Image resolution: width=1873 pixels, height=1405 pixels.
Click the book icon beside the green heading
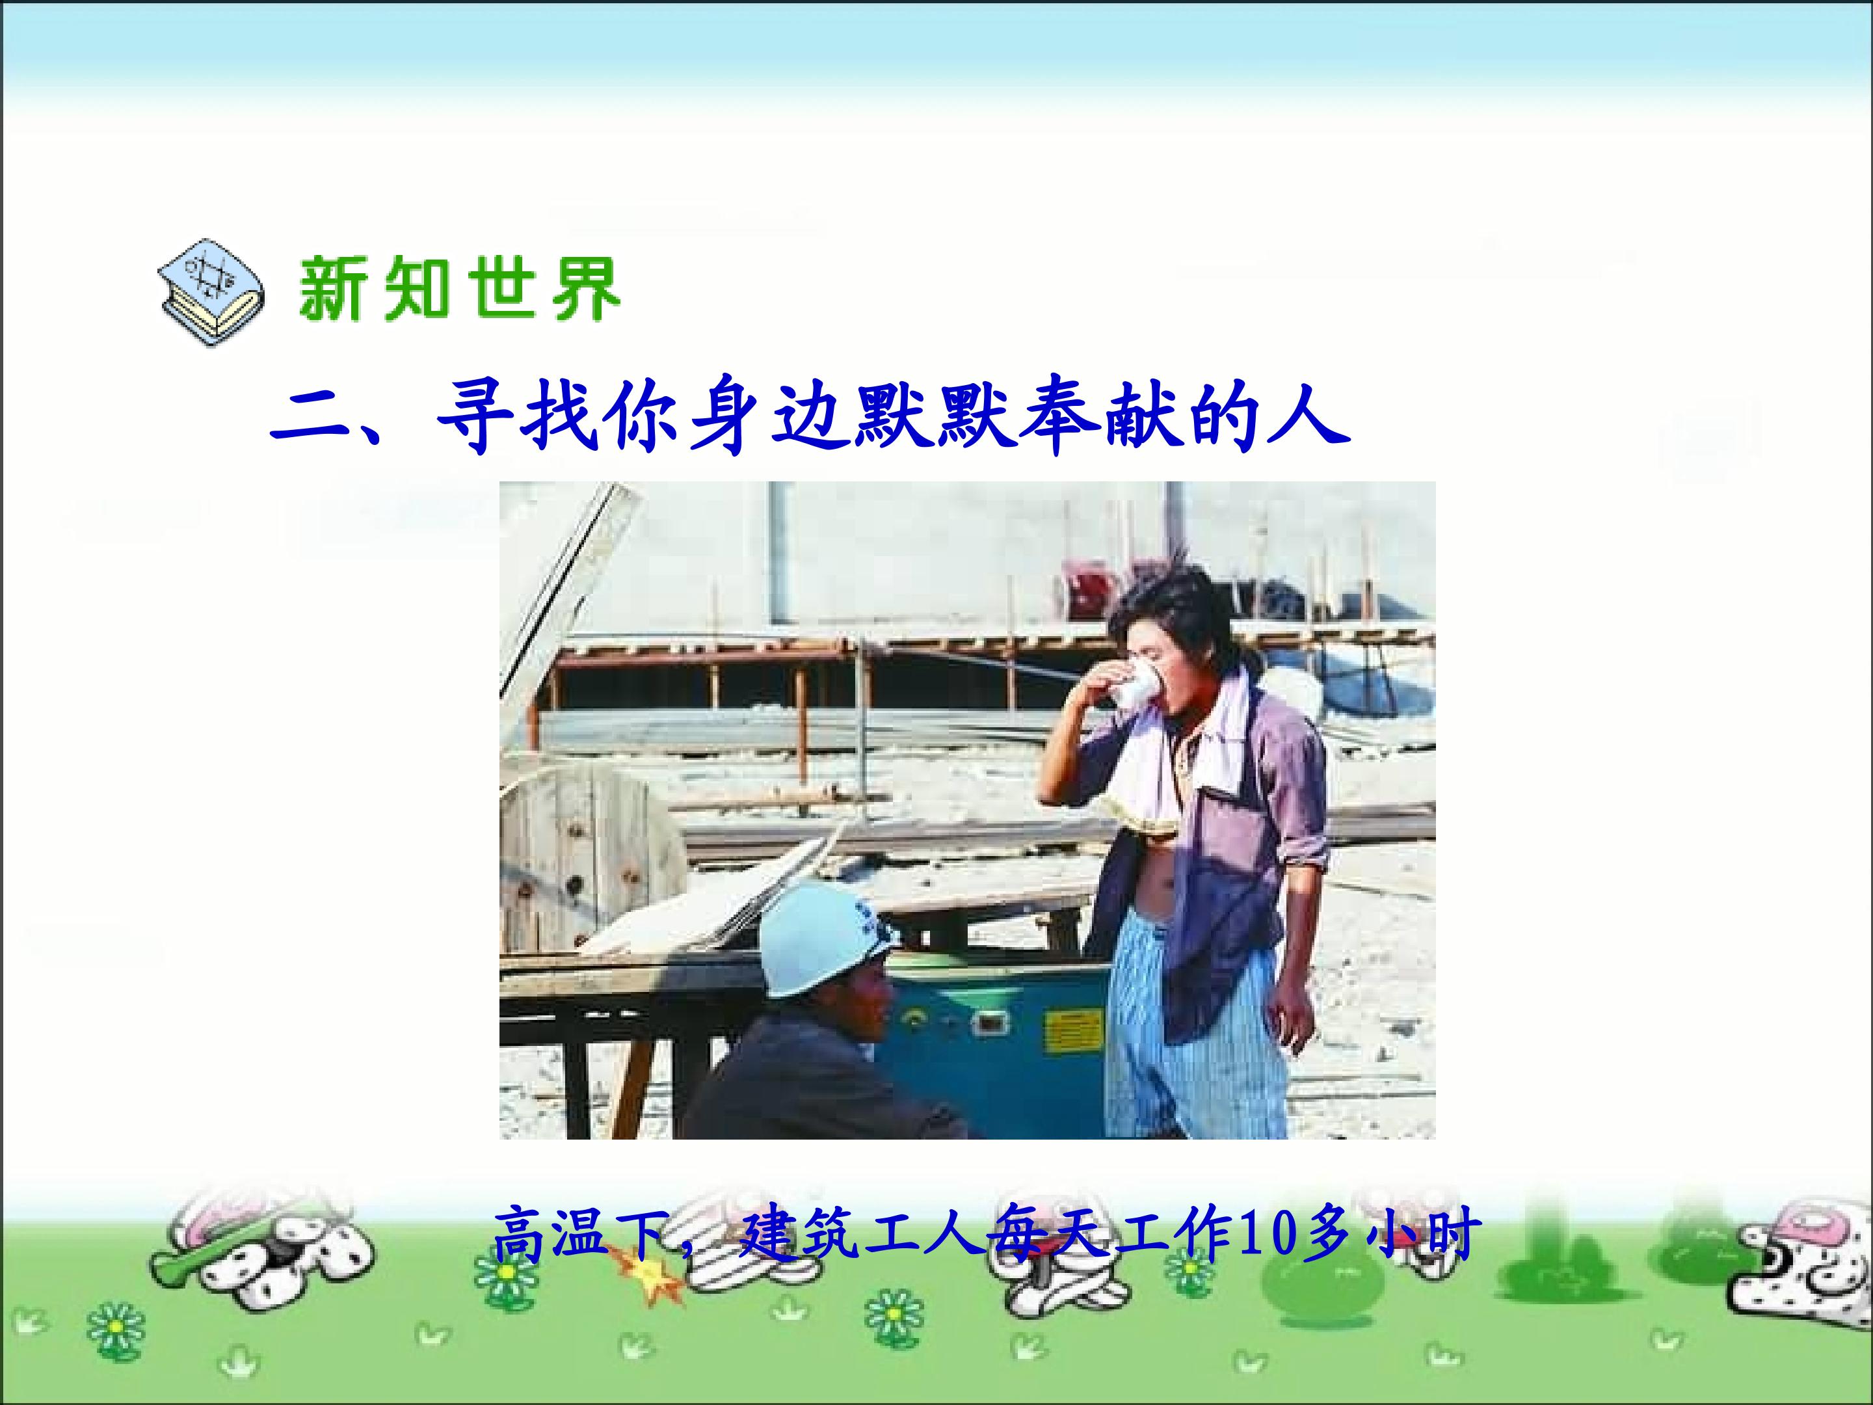(211, 291)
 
